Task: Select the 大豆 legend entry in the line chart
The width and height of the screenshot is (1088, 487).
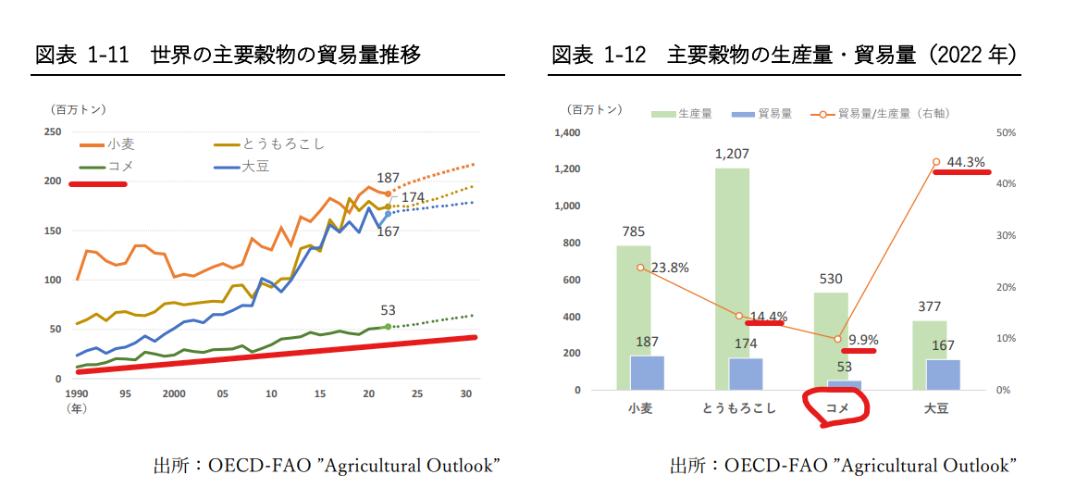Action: (255, 168)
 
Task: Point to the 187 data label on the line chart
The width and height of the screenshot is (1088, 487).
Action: (389, 178)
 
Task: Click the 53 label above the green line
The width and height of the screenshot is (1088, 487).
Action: (388, 310)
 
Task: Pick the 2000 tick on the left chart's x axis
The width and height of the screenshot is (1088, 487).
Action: (174, 393)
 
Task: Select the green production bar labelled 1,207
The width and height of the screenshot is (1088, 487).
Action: (732, 278)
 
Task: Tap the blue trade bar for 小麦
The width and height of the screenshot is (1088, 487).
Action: (648, 372)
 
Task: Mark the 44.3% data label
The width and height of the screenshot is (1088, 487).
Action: (966, 162)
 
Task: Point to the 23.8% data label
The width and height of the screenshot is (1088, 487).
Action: (668, 268)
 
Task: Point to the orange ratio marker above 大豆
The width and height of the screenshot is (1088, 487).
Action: (936, 162)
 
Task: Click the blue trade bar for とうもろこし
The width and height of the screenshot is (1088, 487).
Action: (746, 374)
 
